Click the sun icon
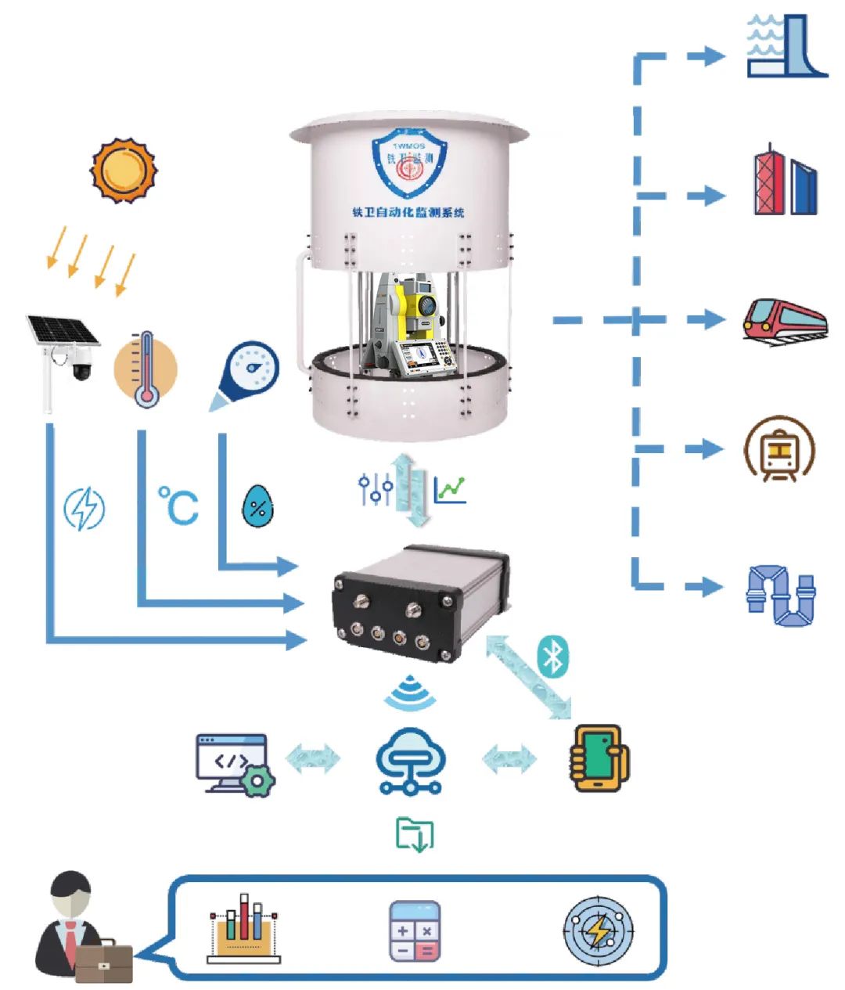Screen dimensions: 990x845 [124, 171]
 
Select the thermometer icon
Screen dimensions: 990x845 [146, 369]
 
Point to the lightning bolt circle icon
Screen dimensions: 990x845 [84, 509]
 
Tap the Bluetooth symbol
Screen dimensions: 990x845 [553, 656]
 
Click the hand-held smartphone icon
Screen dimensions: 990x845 [599, 758]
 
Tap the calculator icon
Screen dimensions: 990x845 [415, 931]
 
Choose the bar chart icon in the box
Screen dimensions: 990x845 [243, 928]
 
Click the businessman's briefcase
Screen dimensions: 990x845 [103, 961]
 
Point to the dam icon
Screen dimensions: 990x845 [786, 47]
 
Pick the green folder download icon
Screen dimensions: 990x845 [415, 834]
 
